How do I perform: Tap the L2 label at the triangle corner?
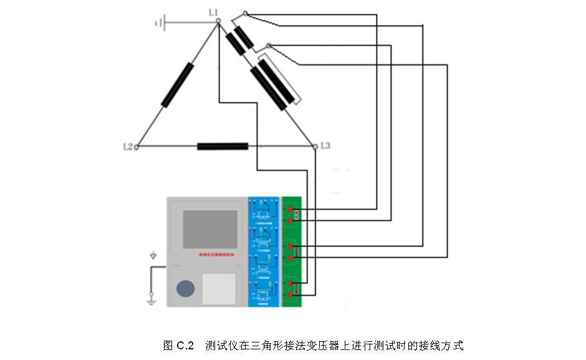pos(128,147)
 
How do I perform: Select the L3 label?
pos(325,146)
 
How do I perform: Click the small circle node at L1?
pos(218,21)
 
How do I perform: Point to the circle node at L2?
pos(137,147)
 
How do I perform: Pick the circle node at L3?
pos(315,147)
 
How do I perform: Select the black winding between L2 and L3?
pos(223,147)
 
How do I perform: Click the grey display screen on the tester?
pos(209,229)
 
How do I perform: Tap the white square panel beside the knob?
pos(219,289)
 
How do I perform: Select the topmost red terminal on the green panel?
pos(291,210)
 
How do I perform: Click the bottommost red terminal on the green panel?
pos(291,294)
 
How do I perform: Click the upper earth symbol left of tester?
pos(153,256)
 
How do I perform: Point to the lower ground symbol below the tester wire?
pos(150,301)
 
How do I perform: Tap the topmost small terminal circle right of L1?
pos(245,13)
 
